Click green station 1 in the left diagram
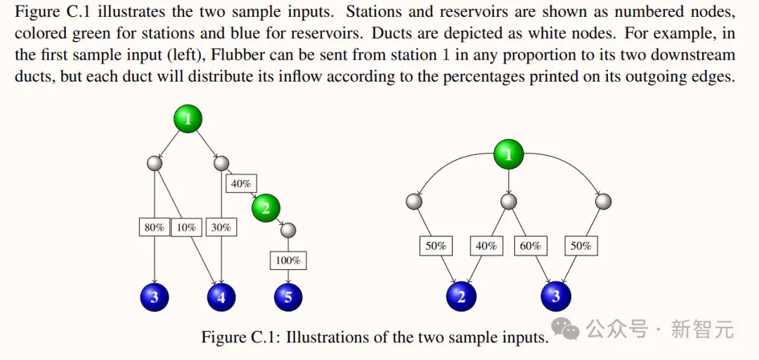(188, 120)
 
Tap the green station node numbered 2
(265, 208)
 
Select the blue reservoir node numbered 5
(288, 297)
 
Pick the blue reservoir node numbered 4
(221, 297)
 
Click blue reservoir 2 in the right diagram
(461, 296)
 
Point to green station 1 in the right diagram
(508, 154)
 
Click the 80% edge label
(155, 227)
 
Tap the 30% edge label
(221, 227)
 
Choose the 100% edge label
(288, 261)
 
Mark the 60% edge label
(530, 246)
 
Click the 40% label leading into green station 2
(241, 184)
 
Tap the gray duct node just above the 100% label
(288, 230)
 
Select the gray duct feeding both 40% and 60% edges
(508, 201)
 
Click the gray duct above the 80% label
(155, 163)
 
